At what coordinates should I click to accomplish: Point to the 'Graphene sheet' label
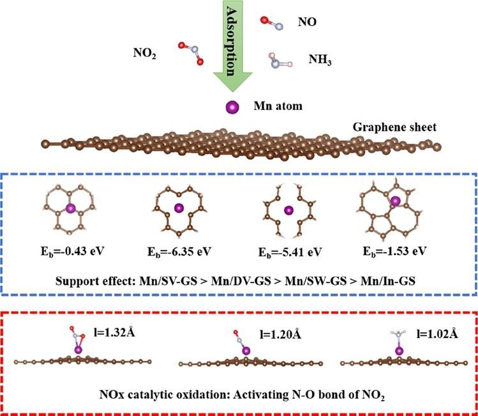(394, 127)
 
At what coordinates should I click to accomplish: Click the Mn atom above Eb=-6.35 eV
(181, 207)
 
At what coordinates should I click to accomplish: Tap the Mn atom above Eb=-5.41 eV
(288, 209)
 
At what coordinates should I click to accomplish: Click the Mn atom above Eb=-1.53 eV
(396, 202)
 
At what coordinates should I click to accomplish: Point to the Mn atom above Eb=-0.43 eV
(71, 207)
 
